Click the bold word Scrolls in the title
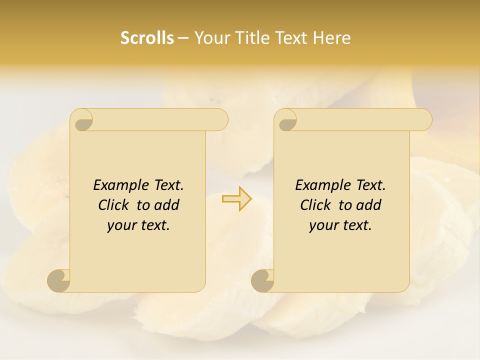point(147,38)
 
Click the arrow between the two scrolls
point(236,199)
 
